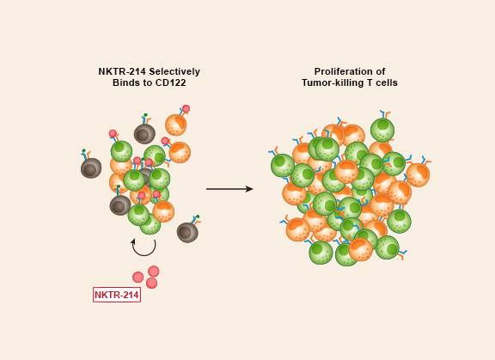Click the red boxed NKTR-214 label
coord(117,295)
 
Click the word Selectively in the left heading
coord(174,71)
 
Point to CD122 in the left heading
coord(170,82)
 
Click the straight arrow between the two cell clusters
coord(229,189)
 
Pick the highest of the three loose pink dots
coord(154,272)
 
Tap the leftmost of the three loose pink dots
coord(138,278)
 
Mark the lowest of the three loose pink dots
coord(151,283)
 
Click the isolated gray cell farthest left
coord(91,168)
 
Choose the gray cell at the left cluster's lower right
coord(187,233)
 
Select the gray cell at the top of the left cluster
coord(144,134)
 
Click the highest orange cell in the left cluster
coord(176,125)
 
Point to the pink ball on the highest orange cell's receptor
coord(186,109)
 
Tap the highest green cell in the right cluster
coord(382,130)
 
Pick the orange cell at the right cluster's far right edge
coord(418,174)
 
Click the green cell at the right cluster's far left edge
coord(283,165)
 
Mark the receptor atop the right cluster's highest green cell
coord(385,114)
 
